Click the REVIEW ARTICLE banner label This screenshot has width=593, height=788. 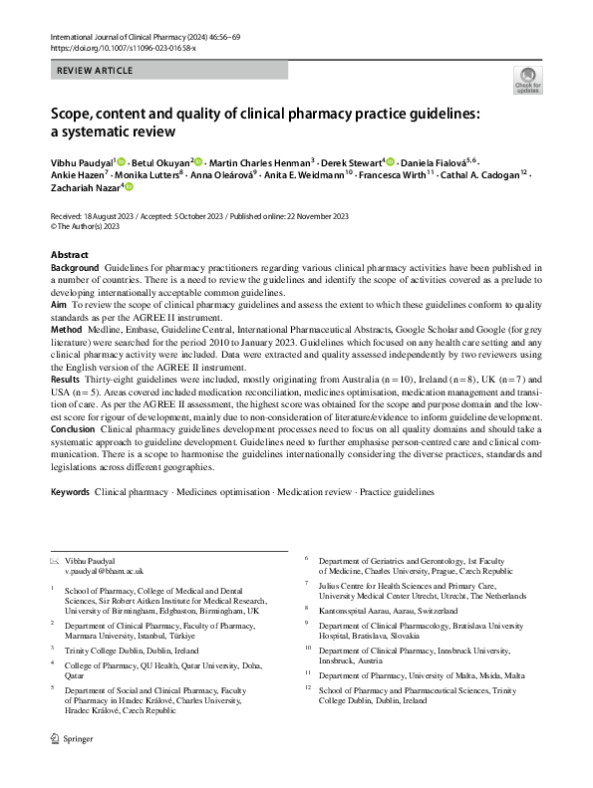(94, 71)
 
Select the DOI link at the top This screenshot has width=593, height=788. (118, 48)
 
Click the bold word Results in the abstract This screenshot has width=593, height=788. (67, 382)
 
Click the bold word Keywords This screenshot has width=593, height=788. (70, 492)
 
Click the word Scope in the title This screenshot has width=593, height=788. (77, 113)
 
